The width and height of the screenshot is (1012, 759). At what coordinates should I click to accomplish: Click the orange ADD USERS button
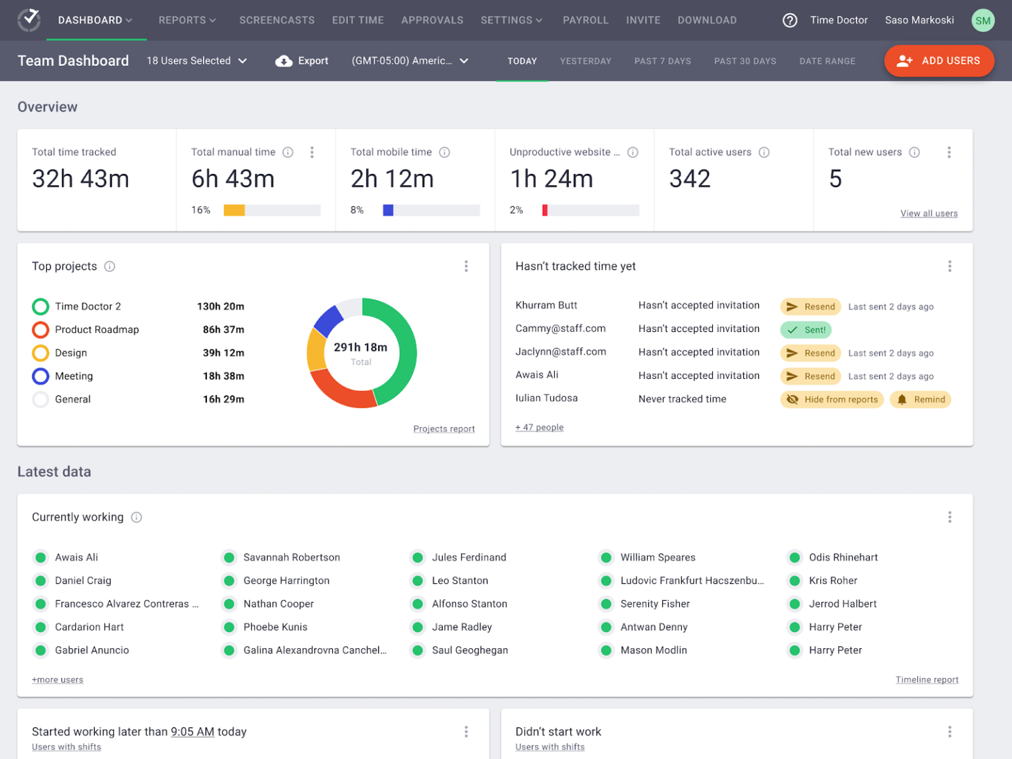(x=939, y=61)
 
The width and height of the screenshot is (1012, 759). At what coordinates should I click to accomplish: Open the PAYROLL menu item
(x=585, y=20)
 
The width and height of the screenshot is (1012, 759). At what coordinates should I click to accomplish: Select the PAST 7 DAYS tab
(x=662, y=61)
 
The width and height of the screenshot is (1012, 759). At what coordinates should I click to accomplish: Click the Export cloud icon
(x=284, y=61)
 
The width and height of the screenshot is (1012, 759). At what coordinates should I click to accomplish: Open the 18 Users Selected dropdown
(x=196, y=61)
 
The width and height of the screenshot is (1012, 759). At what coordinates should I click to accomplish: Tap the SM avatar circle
(x=982, y=20)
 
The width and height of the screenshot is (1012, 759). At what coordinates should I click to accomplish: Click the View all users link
(x=928, y=213)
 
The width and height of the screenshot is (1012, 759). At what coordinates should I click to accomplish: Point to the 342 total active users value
(x=689, y=179)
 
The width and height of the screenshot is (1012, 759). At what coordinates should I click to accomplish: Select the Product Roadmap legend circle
(x=40, y=329)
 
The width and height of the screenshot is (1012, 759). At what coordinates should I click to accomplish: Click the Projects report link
(x=443, y=429)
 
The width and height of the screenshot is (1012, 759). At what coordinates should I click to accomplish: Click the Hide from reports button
(x=831, y=399)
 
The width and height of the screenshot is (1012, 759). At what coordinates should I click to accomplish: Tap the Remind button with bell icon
(x=920, y=399)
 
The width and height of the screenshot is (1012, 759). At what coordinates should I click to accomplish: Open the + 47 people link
(x=539, y=428)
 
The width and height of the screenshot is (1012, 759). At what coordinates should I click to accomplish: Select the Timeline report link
(x=926, y=680)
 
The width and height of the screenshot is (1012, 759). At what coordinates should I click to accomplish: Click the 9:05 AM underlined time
(x=192, y=731)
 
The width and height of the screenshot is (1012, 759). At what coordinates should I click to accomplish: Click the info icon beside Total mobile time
(x=445, y=152)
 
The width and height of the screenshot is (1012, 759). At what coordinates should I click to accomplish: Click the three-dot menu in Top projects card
(x=466, y=266)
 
